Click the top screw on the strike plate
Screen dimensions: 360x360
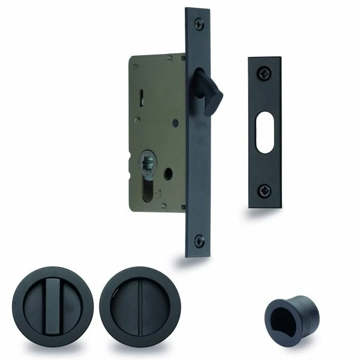click(264, 73)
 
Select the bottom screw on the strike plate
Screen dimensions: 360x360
click(264, 190)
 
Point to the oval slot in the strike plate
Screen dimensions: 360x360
click(264, 131)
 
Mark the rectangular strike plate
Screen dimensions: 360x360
click(264, 132)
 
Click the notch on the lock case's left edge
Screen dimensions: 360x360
click(132, 165)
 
